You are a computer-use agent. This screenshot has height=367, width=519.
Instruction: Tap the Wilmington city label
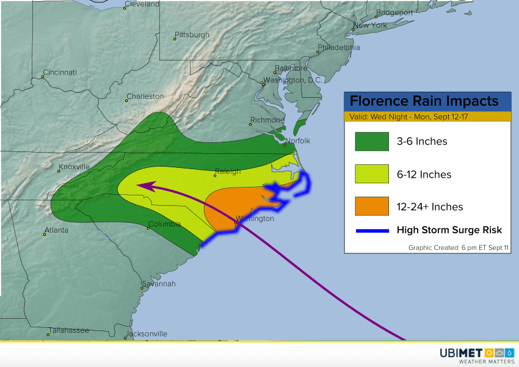click(255, 219)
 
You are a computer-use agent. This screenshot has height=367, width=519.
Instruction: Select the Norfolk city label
click(299, 141)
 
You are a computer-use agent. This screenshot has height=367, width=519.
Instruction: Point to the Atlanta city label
click(56, 230)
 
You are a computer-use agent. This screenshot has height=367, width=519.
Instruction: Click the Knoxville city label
click(74, 167)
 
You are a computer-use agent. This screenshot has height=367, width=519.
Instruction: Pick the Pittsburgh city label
click(192, 35)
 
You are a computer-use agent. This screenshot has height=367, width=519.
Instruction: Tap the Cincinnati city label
click(60, 72)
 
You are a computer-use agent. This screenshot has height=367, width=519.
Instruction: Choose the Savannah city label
click(159, 284)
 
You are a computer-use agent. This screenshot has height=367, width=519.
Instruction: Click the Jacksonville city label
click(147, 334)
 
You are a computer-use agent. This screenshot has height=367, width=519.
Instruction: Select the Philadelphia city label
click(338, 48)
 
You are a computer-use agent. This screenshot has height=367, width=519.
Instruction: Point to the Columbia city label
click(165, 224)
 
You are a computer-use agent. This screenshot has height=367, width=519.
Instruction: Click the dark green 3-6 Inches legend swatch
click(372, 142)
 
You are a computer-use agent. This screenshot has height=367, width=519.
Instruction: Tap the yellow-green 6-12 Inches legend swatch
click(372, 174)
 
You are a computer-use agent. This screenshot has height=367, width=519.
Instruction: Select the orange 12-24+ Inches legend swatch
click(372, 206)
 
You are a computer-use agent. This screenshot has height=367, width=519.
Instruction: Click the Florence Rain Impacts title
click(424, 101)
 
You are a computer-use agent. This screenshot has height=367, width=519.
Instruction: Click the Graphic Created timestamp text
click(459, 247)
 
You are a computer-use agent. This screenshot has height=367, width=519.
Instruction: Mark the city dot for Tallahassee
click(48, 335)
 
